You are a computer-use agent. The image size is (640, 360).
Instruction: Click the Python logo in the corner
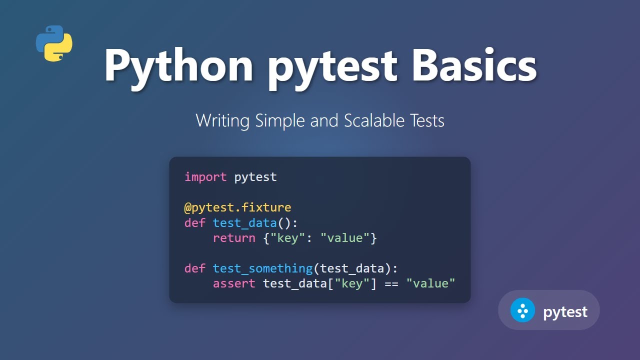(x=54, y=43)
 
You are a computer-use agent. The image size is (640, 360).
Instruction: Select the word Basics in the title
(x=474, y=65)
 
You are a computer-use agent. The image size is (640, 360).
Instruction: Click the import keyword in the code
(x=205, y=177)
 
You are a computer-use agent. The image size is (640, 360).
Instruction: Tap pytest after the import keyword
(x=255, y=177)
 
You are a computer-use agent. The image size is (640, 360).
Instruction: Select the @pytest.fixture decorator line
(x=237, y=207)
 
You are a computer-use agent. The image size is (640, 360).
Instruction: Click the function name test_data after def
(x=244, y=223)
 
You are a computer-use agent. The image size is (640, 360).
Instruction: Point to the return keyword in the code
(x=234, y=238)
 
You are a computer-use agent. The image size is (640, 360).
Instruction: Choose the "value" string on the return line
(x=344, y=238)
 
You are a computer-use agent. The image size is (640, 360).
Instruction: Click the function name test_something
(x=262, y=268)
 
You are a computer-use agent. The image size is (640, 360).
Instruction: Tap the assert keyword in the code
(x=234, y=284)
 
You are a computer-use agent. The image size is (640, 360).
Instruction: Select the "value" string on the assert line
(x=430, y=284)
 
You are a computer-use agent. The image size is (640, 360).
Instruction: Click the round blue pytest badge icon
(x=522, y=310)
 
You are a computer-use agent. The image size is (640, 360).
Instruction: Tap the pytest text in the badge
(x=565, y=312)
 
